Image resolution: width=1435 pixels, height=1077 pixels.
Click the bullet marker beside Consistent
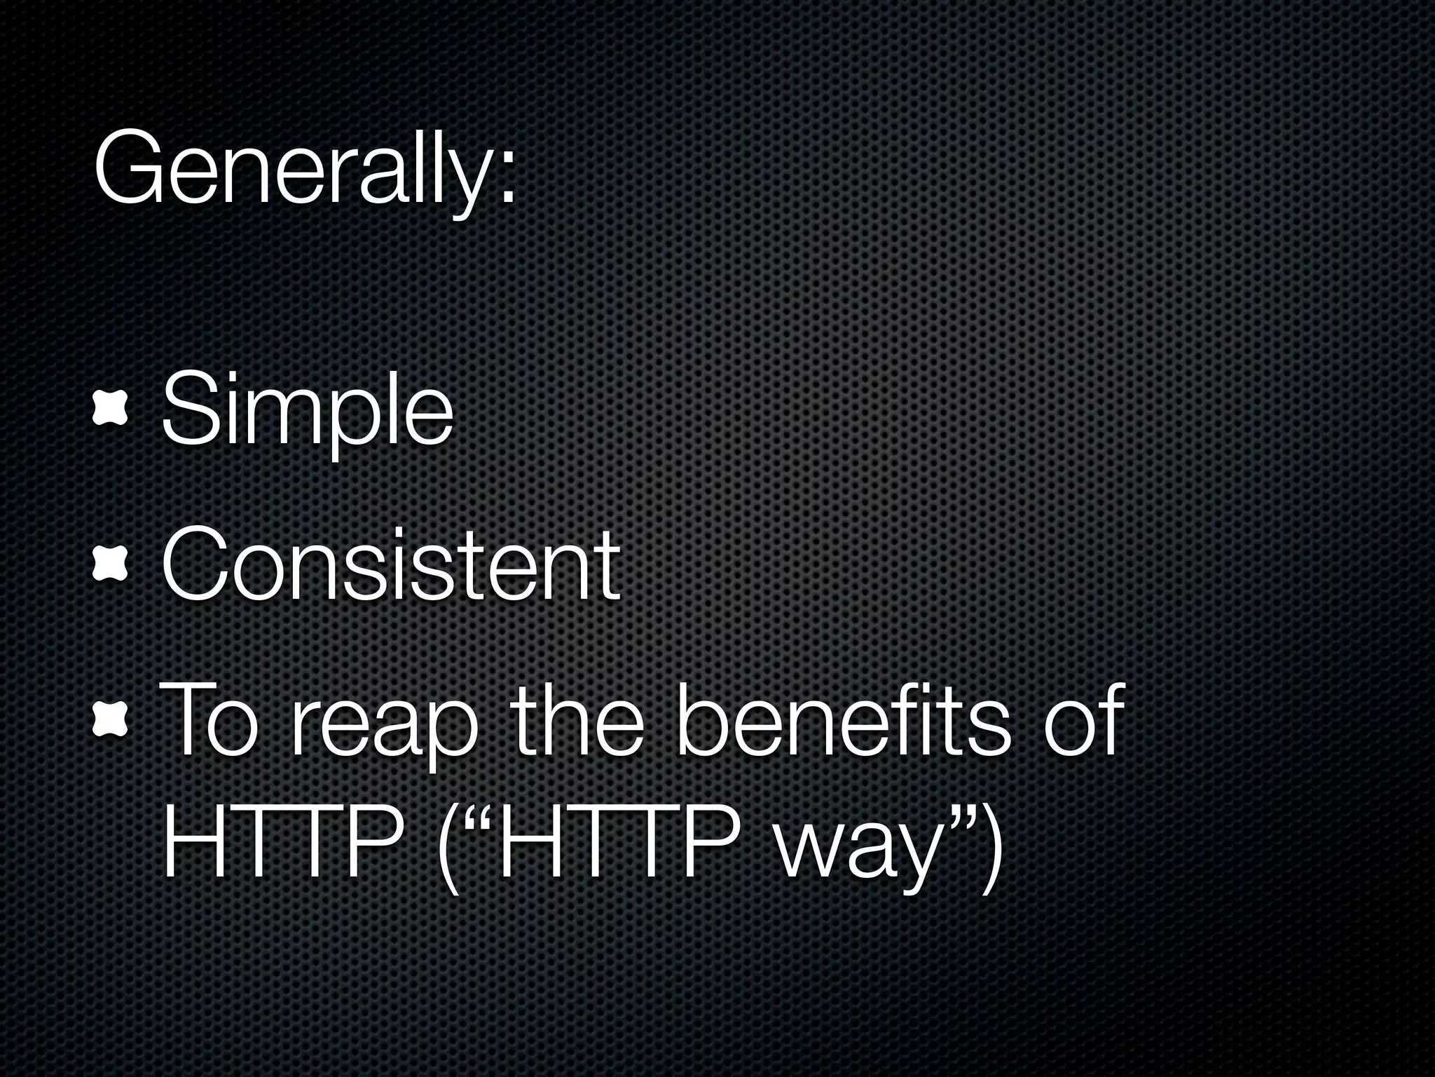pyautogui.click(x=111, y=567)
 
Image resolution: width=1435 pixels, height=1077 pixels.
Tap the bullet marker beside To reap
pyautogui.click(x=111, y=722)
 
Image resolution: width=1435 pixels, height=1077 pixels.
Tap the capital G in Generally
pyautogui.click(x=129, y=169)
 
